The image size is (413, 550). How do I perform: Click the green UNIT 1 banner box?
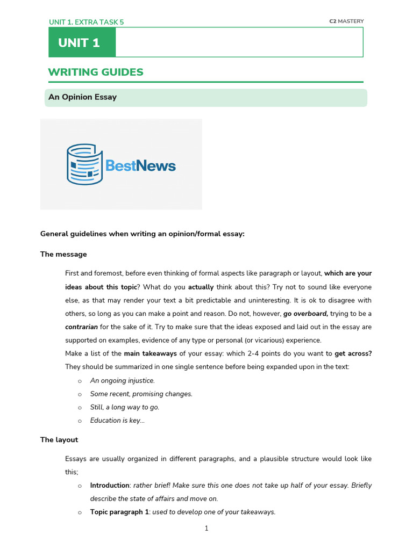82,43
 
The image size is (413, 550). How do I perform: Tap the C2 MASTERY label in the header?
346,21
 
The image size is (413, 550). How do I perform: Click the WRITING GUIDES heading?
96,72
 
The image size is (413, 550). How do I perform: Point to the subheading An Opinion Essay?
82,97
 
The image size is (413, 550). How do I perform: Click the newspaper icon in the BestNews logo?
84,164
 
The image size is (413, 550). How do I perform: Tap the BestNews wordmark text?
141,166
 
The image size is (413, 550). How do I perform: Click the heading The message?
63,254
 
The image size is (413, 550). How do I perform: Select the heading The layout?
59,439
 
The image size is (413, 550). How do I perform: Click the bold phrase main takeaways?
150,353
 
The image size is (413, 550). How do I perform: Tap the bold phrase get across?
353,353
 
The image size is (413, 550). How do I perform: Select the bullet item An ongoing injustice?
122,380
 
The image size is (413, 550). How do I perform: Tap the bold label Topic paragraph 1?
119,512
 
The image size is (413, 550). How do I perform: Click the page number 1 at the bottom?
206,529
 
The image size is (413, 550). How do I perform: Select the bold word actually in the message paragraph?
201,287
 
